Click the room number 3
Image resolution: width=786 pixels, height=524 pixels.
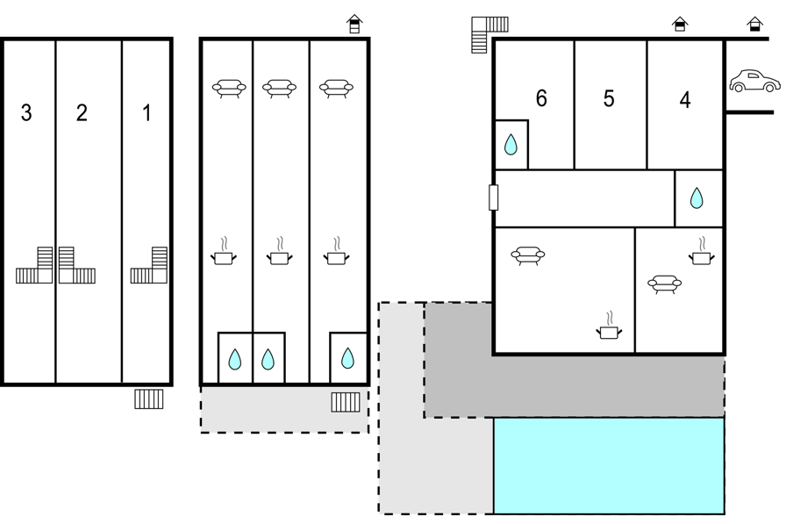(x=26, y=113)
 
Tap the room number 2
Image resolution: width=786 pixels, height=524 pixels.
(x=82, y=113)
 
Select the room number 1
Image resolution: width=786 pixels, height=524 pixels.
(x=146, y=113)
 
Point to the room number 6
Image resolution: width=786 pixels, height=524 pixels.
(x=541, y=98)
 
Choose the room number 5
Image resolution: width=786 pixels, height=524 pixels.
(x=609, y=99)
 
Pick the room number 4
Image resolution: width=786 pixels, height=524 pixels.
(x=685, y=100)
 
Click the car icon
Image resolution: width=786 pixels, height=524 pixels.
(x=754, y=81)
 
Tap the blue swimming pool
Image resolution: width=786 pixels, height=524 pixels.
(x=609, y=466)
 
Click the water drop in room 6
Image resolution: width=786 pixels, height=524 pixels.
(x=511, y=145)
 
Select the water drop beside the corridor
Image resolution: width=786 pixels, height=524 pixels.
(x=697, y=198)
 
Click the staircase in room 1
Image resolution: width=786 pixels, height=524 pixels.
(x=149, y=265)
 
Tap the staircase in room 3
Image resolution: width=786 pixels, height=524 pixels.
(x=34, y=265)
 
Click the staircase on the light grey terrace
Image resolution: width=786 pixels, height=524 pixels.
(x=346, y=402)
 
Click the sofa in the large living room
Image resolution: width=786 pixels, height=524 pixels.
(x=528, y=255)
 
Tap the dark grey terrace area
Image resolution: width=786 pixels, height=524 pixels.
(x=574, y=386)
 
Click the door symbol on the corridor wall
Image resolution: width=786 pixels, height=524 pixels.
(x=493, y=197)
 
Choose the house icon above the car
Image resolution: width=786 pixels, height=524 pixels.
(x=755, y=24)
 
